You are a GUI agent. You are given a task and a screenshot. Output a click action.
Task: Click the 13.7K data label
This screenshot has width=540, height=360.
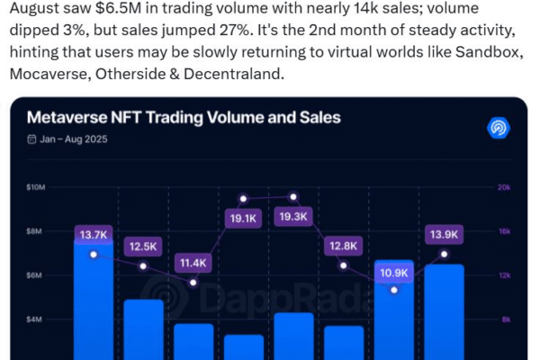pyautogui.click(x=94, y=236)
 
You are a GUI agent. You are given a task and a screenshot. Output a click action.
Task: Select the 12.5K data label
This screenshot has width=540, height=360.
pyautogui.click(x=143, y=247)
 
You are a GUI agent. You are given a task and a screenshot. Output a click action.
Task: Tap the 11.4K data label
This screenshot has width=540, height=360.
pyautogui.click(x=193, y=263)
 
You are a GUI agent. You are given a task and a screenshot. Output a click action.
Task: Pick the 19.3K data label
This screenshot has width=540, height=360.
pyautogui.click(x=292, y=216)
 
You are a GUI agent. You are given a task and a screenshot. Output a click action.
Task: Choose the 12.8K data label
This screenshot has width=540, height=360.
pyautogui.click(x=343, y=245)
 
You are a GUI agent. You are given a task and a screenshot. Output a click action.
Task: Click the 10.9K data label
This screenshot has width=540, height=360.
pyautogui.click(x=393, y=272)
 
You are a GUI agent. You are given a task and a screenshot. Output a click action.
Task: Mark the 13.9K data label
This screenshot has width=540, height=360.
pyautogui.click(x=444, y=235)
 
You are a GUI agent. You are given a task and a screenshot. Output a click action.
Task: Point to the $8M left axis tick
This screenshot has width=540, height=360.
pyautogui.click(x=36, y=231)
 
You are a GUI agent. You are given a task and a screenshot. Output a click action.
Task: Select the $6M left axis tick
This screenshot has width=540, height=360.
pyautogui.click(x=36, y=275)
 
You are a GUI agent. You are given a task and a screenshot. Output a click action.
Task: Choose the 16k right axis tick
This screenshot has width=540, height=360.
pyautogui.click(x=503, y=231)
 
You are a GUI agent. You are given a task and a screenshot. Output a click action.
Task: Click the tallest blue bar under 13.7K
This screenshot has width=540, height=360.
pyautogui.click(x=94, y=306)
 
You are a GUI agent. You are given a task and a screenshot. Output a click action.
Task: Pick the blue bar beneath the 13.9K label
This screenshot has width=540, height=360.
pyautogui.click(x=444, y=315)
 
